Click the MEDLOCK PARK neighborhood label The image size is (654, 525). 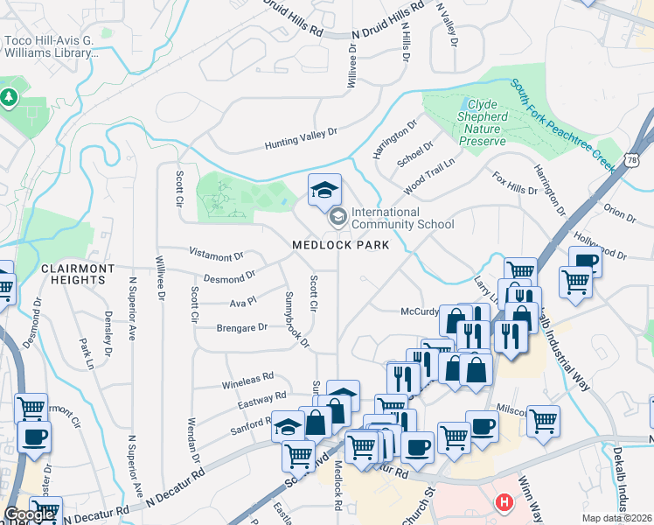(x=340, y=245)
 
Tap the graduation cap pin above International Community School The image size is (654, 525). (x=324, y=191)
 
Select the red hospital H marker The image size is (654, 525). (x=504, y=503)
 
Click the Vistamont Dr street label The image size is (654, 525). (x=216, y=255)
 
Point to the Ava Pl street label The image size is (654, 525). (x=241, y=302)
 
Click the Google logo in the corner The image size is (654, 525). (x=29, y=514)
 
